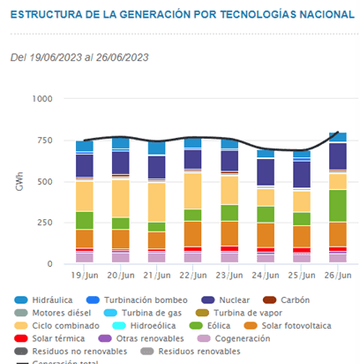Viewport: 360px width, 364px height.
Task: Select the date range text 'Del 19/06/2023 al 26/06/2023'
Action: (x=80, y=57)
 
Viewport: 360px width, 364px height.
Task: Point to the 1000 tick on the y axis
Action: (x=41, y=98)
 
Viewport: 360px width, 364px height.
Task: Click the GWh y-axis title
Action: (x=19, y=181)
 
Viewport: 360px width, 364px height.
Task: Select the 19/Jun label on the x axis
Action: (x=85, y=276)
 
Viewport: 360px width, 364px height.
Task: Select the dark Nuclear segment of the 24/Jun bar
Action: (x=265, y=172)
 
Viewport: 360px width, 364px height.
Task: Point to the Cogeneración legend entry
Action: (x=235, y=338)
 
